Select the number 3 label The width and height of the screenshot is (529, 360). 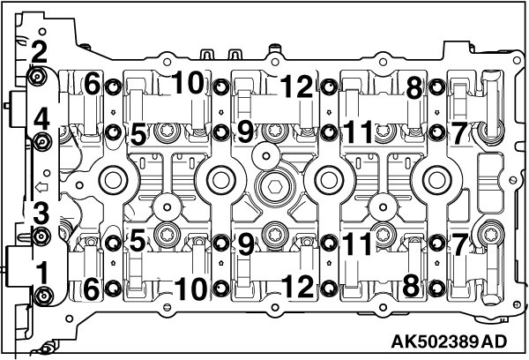39,213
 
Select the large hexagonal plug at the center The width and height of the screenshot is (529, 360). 273,188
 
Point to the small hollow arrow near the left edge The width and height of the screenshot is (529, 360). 39,187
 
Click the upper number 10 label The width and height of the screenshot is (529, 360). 188,82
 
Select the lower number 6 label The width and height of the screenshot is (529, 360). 92,287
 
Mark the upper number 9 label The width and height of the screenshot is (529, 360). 244,132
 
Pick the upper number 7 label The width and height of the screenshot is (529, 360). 458,132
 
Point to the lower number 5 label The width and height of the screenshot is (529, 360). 136,241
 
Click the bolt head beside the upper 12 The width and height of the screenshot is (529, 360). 328,86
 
